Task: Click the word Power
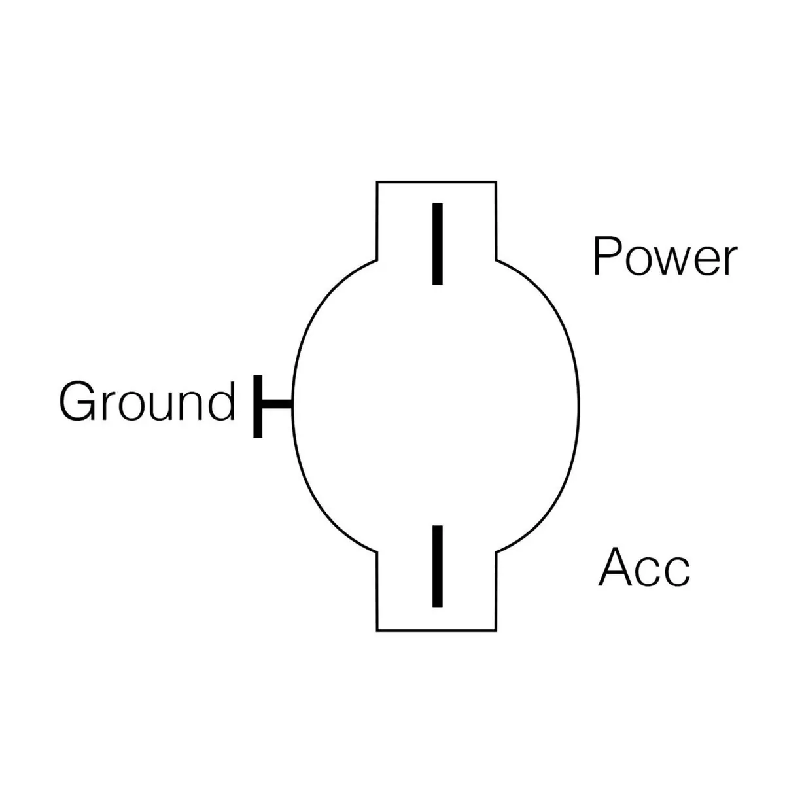click(665, 257)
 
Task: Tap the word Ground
click(147, 400)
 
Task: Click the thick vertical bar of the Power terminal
click(438, 244)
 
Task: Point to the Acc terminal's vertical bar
click(438, 566)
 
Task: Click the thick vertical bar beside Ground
click(258, 406)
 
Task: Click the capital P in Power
click(605, 256)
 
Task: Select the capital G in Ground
click(76, 400)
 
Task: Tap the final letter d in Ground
click(221, 400)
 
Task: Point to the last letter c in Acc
click(677, 572)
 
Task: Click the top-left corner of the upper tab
click(377, 181)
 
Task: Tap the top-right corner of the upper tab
click(495, 181)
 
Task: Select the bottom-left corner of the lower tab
click(377, 631)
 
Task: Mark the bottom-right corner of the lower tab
click(495, 631)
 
